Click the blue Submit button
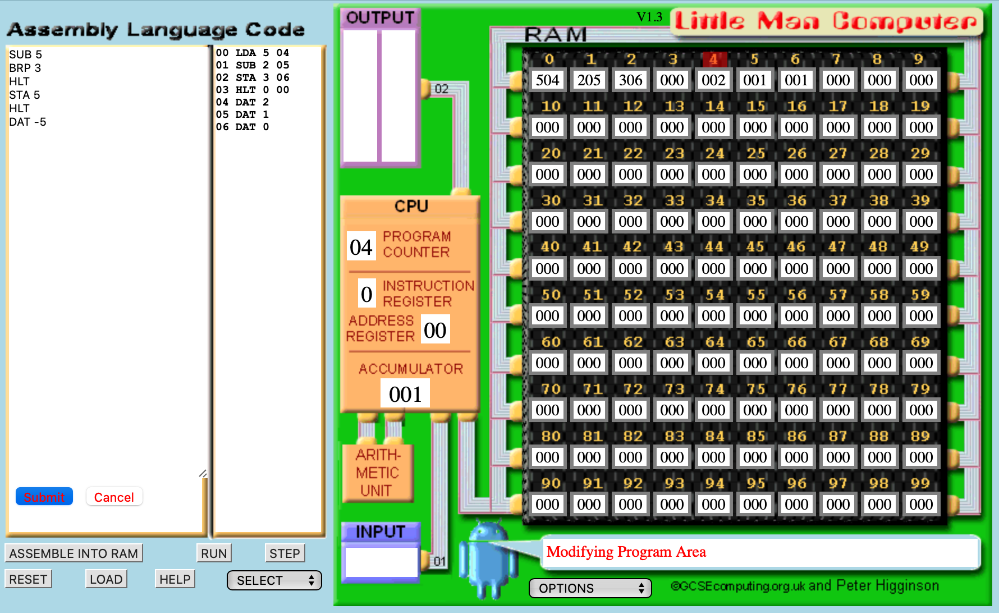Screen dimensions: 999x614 pos(44,497)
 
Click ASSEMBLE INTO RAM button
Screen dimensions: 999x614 pos(74,553)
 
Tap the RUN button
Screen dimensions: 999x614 pos(214,553)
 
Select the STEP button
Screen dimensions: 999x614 pos(285,553)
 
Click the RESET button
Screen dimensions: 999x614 pos(28,579)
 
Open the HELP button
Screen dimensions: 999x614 pos(175,579)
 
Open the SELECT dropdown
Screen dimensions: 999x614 pos(274,580)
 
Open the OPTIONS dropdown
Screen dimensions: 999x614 pos(590,588)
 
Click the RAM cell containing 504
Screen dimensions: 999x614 pos(547,80)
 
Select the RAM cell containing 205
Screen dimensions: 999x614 pos(589,80)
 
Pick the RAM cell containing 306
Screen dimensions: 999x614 pos(630,80)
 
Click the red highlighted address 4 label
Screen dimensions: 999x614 pos(714,59)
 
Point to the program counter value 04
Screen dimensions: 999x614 pos(361,247)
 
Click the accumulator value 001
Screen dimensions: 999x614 pos(405,394)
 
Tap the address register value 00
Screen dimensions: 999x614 pos(435,330)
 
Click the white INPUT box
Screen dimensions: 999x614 pos(381,562)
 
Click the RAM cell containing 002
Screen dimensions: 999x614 pos(713,80)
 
